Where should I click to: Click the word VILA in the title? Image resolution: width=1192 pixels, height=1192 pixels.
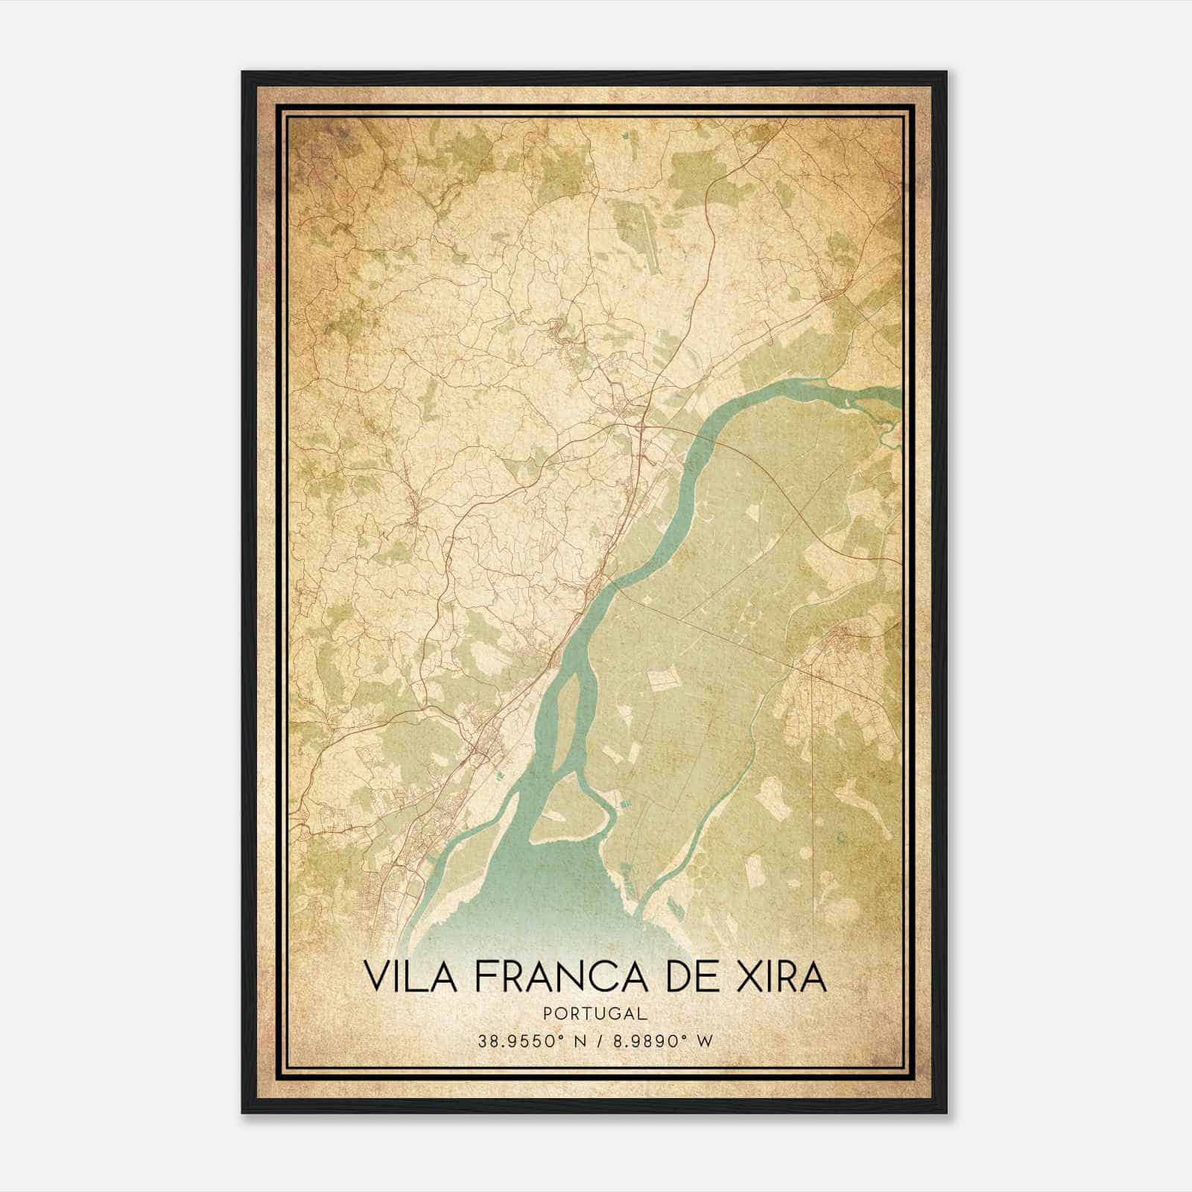(x=405, y=977)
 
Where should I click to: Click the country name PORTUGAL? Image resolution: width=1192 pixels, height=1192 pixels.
(x=595, y=1014)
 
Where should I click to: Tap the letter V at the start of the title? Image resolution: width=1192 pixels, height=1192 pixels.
(x=377, y=977)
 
